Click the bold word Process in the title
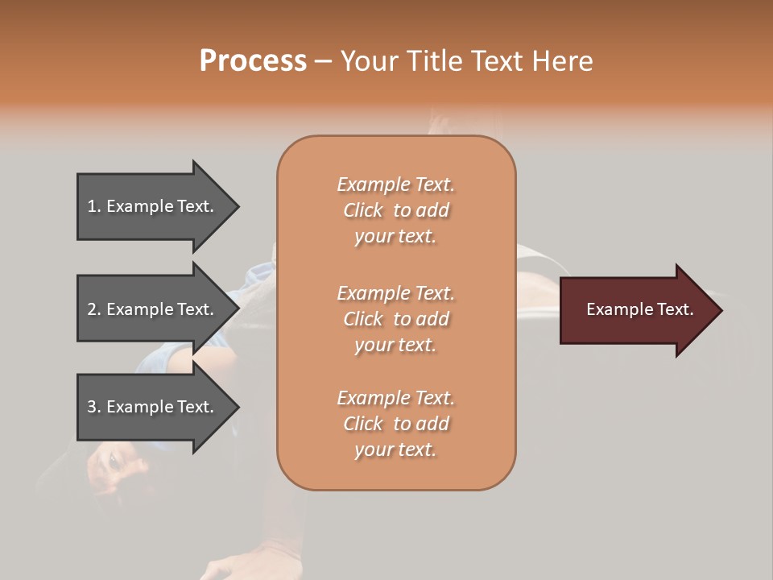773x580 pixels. (253, 61)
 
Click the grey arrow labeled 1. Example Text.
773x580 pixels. (153, 206)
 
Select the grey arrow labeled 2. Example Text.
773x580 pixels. (153, 309)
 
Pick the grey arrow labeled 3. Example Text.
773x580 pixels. (153, 407)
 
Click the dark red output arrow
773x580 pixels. (636, 310)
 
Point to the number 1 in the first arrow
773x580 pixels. (92, 206)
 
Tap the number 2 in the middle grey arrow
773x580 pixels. (93, 309)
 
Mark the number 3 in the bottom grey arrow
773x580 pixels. (93, 407)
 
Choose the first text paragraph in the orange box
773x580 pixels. (395, 210)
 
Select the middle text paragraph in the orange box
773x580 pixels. (395, 319)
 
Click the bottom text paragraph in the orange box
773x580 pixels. (395, 424)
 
